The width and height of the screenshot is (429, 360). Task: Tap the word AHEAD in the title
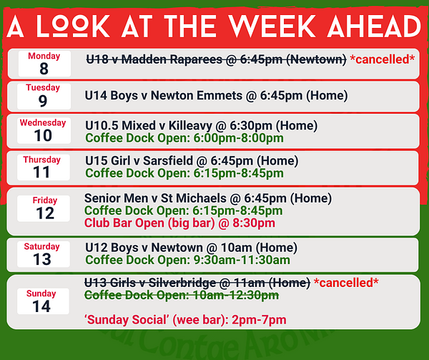(374, 26)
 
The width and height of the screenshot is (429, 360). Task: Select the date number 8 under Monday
(44, 69)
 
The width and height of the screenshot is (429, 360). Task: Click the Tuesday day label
(43, 87)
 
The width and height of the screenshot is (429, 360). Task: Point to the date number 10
(43, 135)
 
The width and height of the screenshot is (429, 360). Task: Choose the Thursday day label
(42, 160)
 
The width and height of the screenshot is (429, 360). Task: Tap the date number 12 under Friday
(45, 213)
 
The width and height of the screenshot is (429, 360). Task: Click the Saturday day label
(42, 246)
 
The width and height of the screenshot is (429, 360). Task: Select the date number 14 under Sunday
(41, 306)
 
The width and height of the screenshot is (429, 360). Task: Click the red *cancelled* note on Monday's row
(383, 59)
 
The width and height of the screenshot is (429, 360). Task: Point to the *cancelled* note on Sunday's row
(346, 283)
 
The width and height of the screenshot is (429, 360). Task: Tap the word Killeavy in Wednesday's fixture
(190, 126)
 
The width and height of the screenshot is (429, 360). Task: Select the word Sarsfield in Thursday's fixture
(168, 161)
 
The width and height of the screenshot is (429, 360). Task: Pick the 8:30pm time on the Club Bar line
(254, 223)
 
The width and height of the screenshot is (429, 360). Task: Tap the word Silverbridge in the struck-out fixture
(182, 283)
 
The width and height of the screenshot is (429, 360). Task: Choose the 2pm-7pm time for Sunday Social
(259, 320)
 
